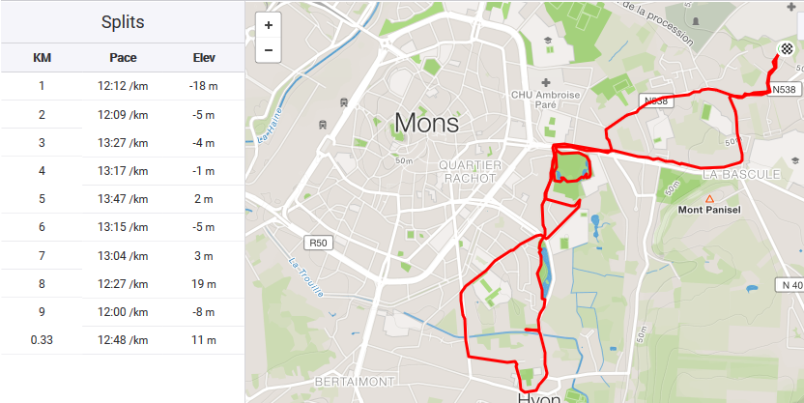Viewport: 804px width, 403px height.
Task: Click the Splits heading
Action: click(123, 22)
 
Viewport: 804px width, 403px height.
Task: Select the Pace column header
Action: click(123, 58)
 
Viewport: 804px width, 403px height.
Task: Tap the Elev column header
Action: click(204, 58)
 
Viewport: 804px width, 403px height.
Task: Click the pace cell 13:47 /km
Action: click(123, 199)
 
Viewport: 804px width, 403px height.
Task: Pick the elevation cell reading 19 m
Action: click(204, 283)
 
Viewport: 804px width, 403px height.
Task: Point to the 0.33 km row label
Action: click(42, 340)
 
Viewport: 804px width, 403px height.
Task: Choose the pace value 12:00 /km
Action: click(123, 312)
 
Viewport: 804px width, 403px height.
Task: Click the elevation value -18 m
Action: click(204, 86)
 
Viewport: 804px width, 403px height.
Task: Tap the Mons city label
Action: click(426, 123)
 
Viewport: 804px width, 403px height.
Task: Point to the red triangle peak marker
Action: click(709, 198)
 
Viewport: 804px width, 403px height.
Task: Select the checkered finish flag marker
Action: click(787, 48)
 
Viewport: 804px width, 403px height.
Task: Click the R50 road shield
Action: click(318, 242)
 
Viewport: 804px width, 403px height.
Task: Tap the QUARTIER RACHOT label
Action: click(471, 172)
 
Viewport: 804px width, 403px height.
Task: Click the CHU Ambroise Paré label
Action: click(546, 101)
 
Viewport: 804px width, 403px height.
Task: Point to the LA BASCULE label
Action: click(741, 175)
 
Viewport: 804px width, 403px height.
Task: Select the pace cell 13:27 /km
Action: click(123, 143)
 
